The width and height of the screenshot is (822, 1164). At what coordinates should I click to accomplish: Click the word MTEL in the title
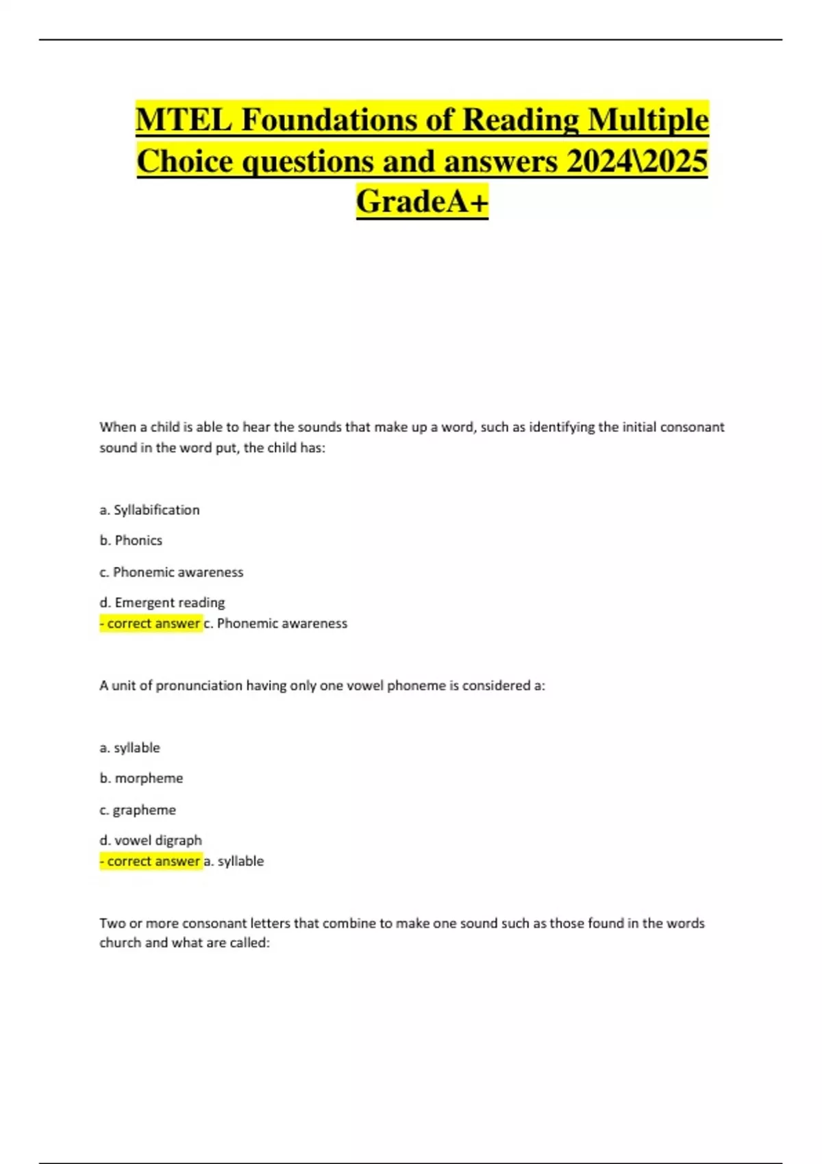click(184, 120)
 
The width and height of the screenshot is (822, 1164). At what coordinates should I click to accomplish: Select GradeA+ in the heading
click(422, 201)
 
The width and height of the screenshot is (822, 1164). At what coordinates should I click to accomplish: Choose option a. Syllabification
click(149, 509)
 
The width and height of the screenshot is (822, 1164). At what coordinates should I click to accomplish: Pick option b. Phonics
click(131, 540)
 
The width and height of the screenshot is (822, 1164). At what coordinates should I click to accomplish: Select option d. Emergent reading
click(162, 603)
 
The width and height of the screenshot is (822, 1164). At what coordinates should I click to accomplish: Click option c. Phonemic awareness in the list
click(171, 572)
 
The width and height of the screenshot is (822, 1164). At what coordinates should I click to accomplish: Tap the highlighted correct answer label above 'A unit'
click(151, 623)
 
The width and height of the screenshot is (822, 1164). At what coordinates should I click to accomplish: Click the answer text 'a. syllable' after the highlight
click(234, 861)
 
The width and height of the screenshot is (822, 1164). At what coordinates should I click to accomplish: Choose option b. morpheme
click(141, 778)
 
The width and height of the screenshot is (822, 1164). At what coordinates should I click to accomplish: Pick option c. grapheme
click(138, 809)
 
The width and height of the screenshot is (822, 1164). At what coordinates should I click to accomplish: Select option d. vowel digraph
click(151, 840)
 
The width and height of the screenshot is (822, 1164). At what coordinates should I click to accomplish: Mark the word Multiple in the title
click(648, 120)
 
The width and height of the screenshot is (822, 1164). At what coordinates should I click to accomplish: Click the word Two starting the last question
click(112, 923)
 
